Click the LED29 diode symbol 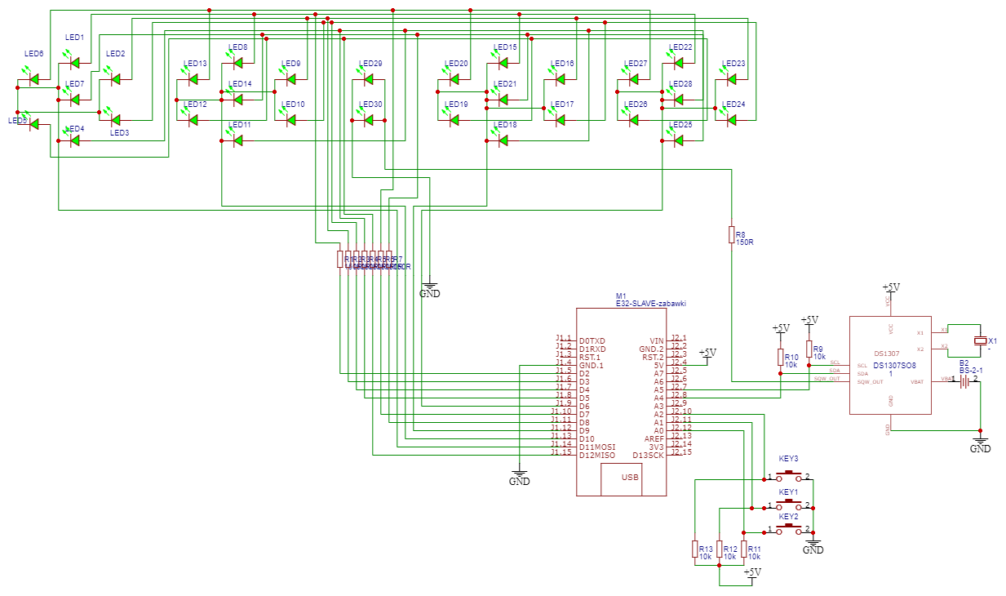(368, 79)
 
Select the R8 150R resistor (731, 235)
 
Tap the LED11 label (240, 125)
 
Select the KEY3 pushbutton (788, 474)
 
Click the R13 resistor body (694, 549)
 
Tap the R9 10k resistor (809, 349)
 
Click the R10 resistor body (780, 358)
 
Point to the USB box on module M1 (631, 478)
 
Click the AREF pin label (654, 438)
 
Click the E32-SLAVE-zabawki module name (650, 303)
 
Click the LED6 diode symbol (33, 79)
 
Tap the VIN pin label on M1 (657, 340)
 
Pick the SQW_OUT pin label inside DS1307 (870, 381)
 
